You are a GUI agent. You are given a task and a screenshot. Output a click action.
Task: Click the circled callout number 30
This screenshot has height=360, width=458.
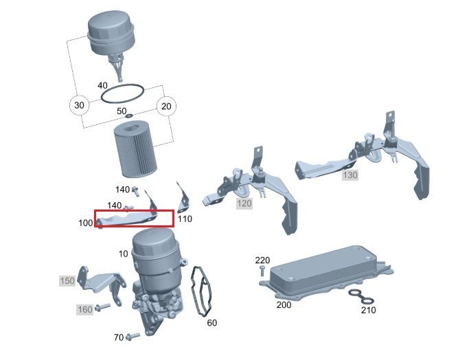pos(79,105)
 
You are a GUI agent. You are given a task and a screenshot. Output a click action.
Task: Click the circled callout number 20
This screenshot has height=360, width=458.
pos(166,106)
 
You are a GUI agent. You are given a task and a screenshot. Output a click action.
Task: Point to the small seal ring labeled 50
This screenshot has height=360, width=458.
pos(129,116)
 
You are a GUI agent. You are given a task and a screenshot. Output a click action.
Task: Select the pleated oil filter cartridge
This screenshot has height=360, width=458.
pos(135,150)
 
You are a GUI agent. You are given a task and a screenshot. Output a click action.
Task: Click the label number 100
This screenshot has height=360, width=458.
pos(85,223)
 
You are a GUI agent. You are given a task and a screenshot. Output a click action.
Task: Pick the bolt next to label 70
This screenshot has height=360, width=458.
pos(133,337)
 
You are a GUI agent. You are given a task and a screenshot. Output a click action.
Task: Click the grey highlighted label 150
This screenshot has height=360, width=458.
pos(67,281)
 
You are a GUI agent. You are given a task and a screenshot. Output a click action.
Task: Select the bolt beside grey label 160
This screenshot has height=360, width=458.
pos(102,307)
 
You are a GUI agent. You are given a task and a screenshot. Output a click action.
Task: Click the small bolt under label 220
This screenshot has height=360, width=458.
pos(262,271)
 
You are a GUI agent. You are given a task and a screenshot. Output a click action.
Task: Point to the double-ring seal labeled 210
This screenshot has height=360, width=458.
pos(361,297)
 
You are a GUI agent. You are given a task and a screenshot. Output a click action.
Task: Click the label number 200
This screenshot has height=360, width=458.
pos(284,305)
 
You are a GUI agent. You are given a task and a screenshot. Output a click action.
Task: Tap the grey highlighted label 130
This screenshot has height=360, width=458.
pos(350,175)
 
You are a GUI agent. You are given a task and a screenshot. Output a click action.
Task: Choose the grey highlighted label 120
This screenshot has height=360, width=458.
pos(244,203)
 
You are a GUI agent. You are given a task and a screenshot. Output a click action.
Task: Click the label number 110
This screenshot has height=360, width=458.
pos(185,218)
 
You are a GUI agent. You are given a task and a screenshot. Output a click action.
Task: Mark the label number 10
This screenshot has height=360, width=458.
pos(124,254)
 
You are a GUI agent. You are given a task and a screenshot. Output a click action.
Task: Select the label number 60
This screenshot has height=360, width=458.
pos(211,323)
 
